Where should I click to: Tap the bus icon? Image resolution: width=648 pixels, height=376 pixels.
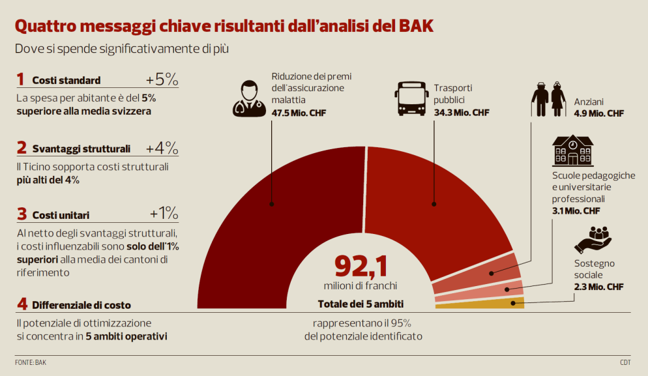pyautogui.click(x=411, y=98)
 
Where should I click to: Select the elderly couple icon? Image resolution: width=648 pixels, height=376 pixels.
pyautogui.click(x=548, y=99)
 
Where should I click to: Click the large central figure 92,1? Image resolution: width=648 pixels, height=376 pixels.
pyautogui.click(x=361, y=265)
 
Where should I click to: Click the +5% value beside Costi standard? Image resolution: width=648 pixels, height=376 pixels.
pyautogui.click(x=162, y=80)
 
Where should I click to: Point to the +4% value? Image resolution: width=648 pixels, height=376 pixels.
pyautogui.click(x=162, y=147)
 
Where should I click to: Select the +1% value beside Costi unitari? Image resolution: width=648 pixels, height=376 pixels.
pyautogui.click(x=164, y=214)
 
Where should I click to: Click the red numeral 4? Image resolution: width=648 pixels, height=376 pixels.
pyautogui.click(x=22, y=304)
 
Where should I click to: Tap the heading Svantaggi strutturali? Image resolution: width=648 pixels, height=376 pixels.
pyautogui.click(x=81, y=148)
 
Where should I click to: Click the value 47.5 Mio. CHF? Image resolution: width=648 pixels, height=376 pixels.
pyautogui.click(x=299, y=113)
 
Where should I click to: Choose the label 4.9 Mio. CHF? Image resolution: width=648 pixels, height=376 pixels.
pyautogui.click(x=598, y=113)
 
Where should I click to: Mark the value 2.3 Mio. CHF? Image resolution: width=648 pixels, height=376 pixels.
pyautogui.click(x=598, y=287)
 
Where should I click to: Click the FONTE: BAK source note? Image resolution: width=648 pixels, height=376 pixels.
pyautogui.click(x=31, y=362)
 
